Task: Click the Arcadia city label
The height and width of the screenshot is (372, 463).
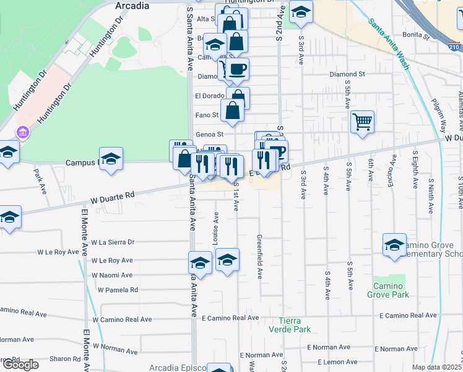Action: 132,6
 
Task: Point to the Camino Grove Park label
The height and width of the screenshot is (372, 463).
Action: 391,290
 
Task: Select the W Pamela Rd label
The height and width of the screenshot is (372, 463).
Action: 117,290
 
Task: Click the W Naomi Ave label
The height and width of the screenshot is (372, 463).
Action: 112,275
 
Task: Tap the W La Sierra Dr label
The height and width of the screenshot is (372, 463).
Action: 112,242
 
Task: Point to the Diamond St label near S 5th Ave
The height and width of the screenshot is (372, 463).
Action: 347,74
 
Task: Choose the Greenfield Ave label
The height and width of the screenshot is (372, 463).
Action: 260,256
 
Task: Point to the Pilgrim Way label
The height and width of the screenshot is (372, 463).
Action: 439,115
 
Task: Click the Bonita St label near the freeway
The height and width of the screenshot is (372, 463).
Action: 415,36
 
